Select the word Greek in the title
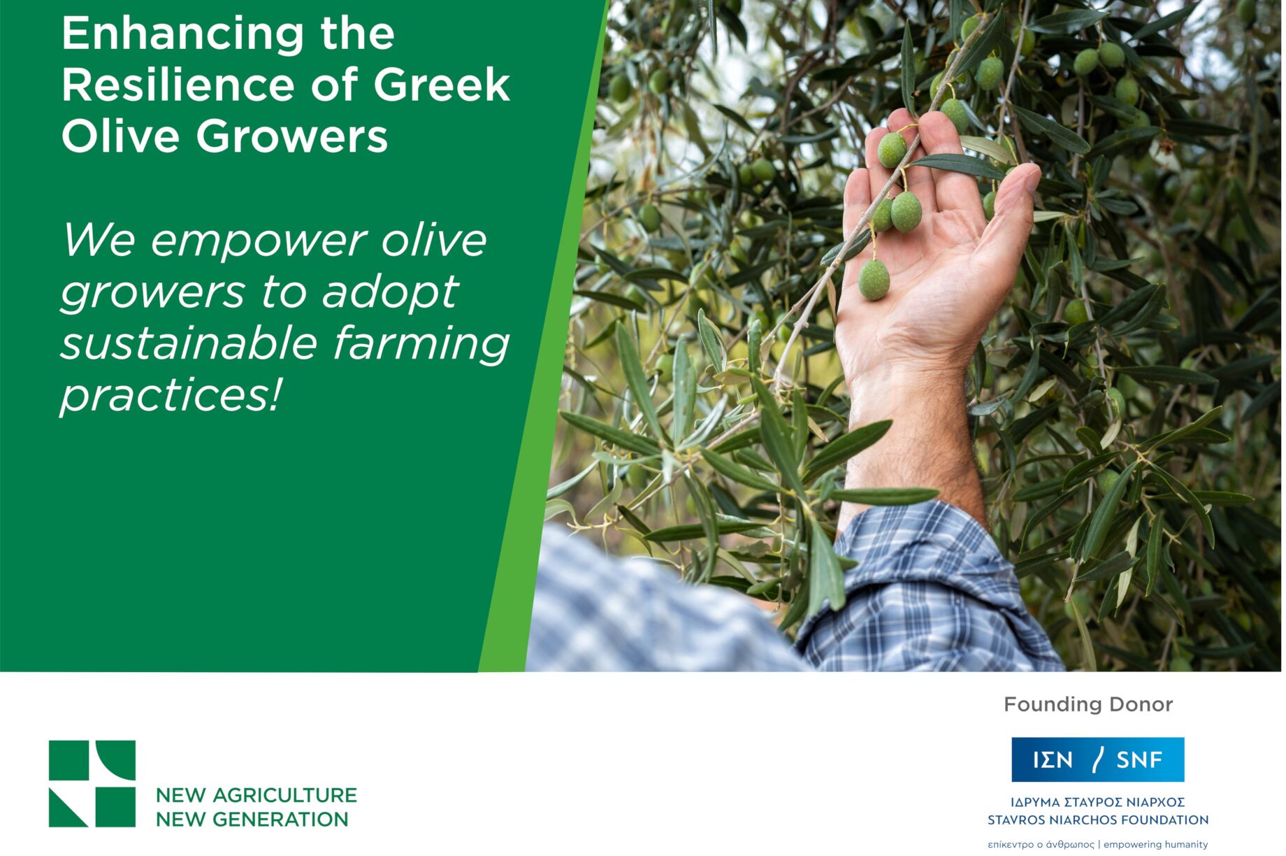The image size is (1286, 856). (x=441, y=85)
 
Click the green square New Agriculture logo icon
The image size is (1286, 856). (x=92, y=783)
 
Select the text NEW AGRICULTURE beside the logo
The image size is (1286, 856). (x=256, y=795)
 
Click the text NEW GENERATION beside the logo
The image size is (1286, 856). (x=252, y=819)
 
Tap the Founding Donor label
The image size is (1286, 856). (x=1088, y=704)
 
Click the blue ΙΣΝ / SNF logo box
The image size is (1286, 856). (x=1098, y=759)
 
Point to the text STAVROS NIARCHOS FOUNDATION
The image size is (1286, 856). (x=1098, y=820)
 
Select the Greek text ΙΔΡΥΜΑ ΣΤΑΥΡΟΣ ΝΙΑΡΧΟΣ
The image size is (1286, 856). (x=1098, y=802)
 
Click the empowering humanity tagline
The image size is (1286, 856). (x=1155, y=844)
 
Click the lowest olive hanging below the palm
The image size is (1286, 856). (x=874, y=280)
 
